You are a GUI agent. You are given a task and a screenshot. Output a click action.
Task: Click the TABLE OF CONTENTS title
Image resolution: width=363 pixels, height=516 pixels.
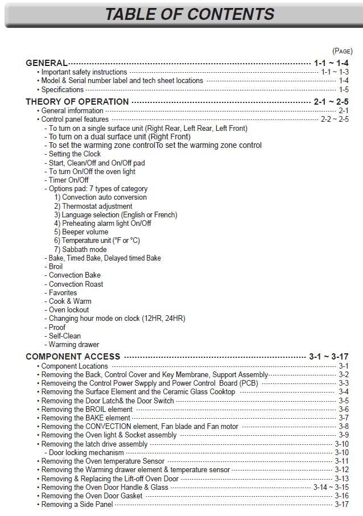point(189,14)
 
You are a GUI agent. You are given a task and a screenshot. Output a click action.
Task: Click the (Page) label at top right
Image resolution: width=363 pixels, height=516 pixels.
point(343,51)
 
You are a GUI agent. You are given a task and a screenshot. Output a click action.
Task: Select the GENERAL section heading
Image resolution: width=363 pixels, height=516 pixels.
point(47,63)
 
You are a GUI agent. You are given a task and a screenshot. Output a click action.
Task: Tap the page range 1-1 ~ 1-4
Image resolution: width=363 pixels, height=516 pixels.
point(331,63)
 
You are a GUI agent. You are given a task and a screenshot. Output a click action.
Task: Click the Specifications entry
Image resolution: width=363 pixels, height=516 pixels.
point(63,89)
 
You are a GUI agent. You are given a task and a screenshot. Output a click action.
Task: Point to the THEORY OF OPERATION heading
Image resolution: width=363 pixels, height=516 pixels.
point(77,102)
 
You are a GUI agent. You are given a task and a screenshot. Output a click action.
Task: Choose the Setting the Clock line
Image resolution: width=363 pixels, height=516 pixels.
point(75,154)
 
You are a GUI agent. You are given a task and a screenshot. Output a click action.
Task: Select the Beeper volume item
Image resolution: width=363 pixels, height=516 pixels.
point(81,232)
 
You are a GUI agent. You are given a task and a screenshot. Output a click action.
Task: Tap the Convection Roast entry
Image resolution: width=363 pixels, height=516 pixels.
point(76,284)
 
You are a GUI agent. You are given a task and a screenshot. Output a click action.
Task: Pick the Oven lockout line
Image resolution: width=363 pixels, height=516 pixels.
point(69,310)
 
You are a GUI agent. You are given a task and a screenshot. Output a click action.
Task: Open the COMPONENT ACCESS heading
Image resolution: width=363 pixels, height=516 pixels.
point(73,357)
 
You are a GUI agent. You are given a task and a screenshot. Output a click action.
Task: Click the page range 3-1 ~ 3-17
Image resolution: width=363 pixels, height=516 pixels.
point(328,357)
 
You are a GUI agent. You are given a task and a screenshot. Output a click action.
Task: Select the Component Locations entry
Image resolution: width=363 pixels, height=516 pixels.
point(75,366)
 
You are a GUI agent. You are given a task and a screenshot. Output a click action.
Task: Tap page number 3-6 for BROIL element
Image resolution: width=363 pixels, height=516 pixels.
point(344,409)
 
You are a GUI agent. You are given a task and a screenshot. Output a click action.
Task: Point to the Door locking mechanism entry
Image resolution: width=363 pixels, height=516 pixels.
point(86,453)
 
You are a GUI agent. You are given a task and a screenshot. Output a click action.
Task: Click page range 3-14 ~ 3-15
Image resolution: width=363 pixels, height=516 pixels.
point(331,487)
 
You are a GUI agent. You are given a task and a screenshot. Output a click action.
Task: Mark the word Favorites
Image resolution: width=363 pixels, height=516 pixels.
point(63,292)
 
